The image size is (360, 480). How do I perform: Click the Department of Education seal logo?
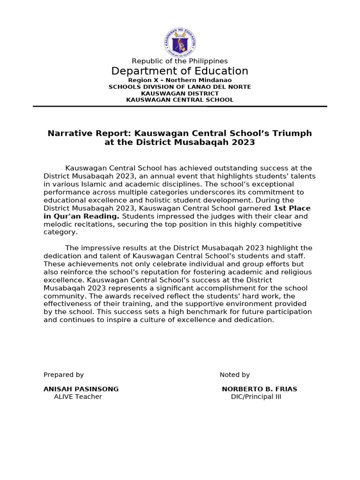pyautogui.click(x=180, y=42)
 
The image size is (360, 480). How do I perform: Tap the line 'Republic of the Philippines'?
pyautogui.click(x=180, y=61)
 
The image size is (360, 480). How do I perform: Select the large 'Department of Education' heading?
pyautogui.click(x=180, y=71)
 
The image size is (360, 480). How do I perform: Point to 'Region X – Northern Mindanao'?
pyautogui.click(x=180, y=80)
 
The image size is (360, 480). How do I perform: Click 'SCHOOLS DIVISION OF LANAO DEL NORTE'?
pyautogui.click(x=180, y=87)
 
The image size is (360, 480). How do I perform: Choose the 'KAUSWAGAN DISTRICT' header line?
pyautogui.click(x=180, y=93)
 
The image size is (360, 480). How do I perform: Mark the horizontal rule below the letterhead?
pyautogui.click(x=180, y=106)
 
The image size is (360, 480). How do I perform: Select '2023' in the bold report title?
pyautogui.click(x=244, y=142)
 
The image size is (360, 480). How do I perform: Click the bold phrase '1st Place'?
pyautogui.click(x=292, y=208)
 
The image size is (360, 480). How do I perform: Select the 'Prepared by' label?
pyautogui.click(x=64, y=375)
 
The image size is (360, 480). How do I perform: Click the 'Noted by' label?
pyautogui.click(x=235, y=375)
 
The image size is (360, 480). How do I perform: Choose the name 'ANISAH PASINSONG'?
pyautogui.click(x=81, y=389)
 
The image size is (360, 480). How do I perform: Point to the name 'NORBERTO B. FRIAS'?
pyautogui.click(x=259, y=389)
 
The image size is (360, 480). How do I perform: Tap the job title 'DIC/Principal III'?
pyautogui.click(x=256, y=397)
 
